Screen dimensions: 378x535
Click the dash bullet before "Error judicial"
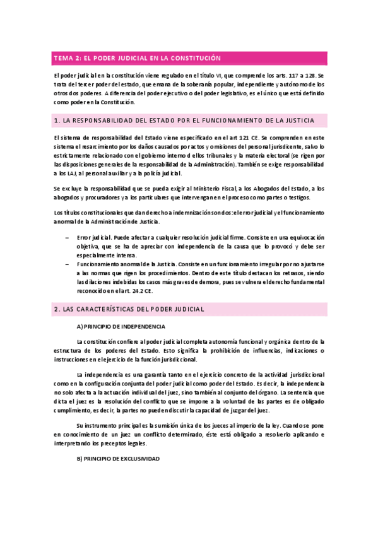pyautogui.click(x=68, y=238)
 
